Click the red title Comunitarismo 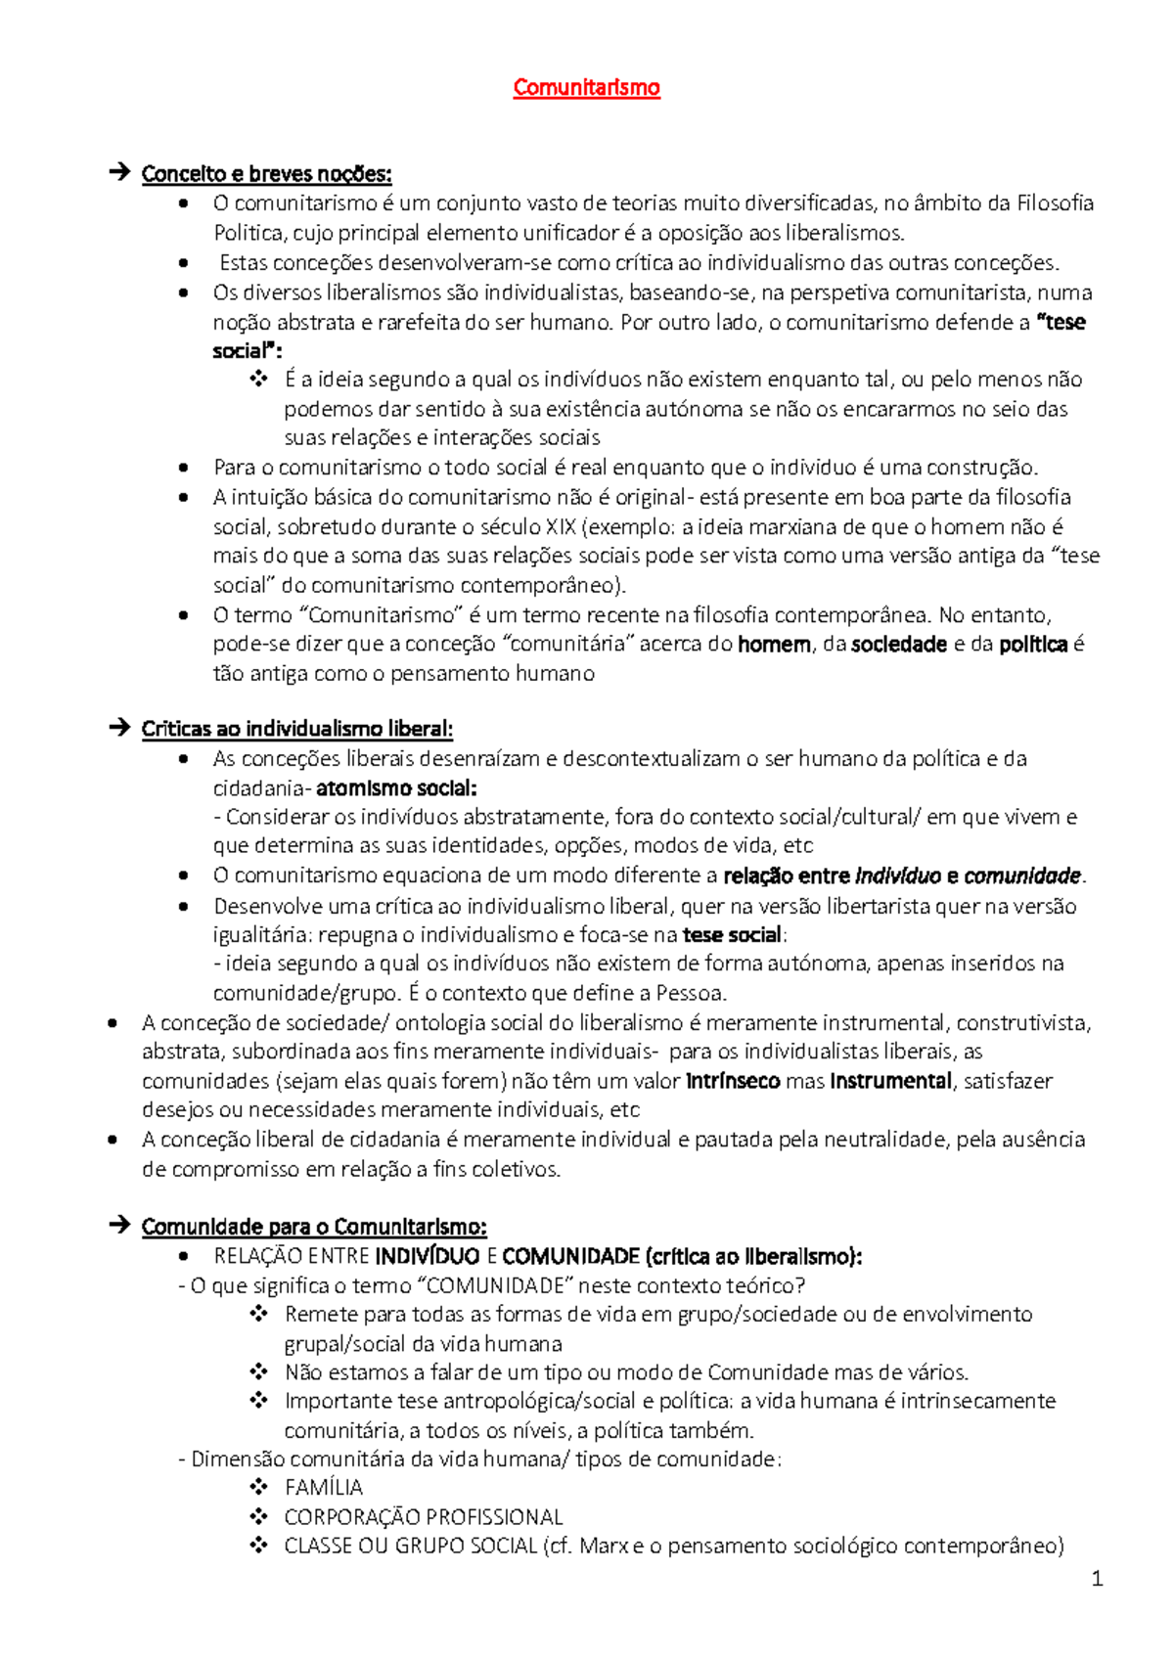click(x=586, y=87)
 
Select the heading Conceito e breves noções click(x=266, y=174)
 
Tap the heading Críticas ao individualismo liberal click(x=296, y=729)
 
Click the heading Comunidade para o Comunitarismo click(x=313, y=1227)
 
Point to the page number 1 click(x=1097, y=1578)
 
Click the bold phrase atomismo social click(x=396, y=787)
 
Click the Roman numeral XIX click(x=561, y=526)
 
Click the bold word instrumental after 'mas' click(x=890, y=1081)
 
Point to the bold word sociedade click(x=899, y=644)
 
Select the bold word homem click(x=774, y=644)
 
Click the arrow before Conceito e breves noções click(x=119, y=174)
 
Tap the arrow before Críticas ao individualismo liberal click(x=119, y=729)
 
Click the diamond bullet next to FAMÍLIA click(x=258, y=1487)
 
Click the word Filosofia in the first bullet click(x=1055, y=203)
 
